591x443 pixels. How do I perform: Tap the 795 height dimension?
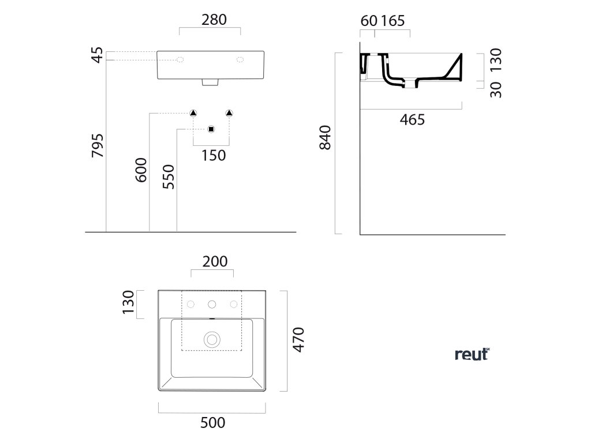click(98, 147)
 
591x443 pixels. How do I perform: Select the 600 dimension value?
click(141, 170)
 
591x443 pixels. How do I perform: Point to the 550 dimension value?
click(168, 177)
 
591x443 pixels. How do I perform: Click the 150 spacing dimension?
click(214, 155)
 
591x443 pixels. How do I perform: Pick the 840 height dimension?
click(325, 137)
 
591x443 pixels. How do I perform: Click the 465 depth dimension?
click(412, 120)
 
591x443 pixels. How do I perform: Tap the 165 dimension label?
click(393, 20)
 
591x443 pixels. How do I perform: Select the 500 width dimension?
click(213, 423)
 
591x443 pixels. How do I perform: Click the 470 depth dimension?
click(297, 339)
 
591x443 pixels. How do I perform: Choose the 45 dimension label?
click(98, 55)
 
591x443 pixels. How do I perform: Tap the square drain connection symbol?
click(211, 129)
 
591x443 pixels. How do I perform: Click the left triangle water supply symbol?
click(193, 112)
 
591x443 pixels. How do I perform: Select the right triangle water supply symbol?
click(230, 112)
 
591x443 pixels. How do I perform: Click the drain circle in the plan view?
click(212, 339)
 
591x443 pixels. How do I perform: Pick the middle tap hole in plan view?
click(212, 304)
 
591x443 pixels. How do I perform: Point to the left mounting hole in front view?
click(179, 59)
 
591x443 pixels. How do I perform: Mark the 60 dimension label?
click(368, 20)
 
